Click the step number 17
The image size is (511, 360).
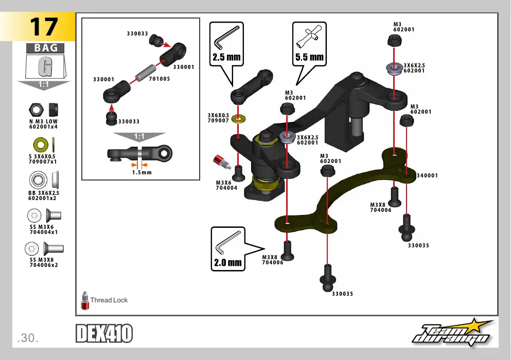(x=44, y=27)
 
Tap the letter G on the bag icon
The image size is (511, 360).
(x=45, y=67)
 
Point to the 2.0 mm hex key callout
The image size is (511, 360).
(x=228, y=249)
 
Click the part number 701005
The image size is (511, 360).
(x=160, y=79)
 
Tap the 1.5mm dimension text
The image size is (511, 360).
(x=142, y=172)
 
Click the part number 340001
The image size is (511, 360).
(x=427, y=175)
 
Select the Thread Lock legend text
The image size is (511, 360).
(x=109, y=300)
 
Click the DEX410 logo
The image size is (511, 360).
(x=104, y=333)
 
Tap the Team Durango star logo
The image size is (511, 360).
(x=453, y=333)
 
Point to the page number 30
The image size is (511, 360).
(x=28, y=338)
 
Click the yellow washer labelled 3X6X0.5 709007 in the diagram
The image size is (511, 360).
(x=239, y=119)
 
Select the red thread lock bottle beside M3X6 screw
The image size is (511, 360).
(x=222, y=162)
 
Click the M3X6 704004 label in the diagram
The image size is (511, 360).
(x=226, y=185)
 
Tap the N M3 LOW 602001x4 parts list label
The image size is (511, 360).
(x=43, y=124)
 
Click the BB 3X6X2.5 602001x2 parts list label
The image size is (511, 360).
(x=43, y=195)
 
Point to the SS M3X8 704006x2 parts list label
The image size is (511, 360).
(x=44, y=263)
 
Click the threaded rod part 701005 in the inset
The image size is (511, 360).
(x=146, y=73)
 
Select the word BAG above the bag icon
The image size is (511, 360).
(x=46, y=48)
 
